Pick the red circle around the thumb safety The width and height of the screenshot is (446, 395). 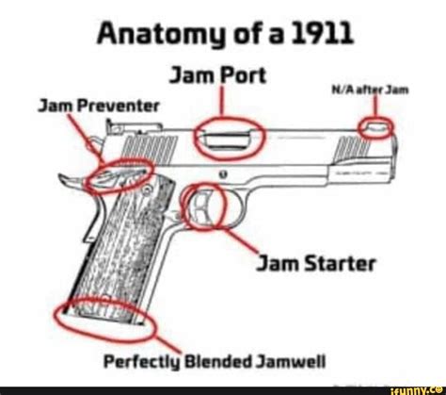click(106, 173)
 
